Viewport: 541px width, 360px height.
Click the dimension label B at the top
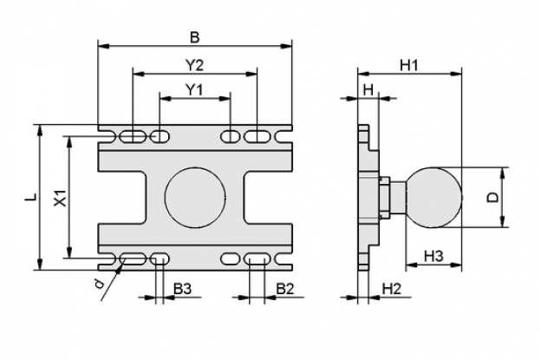pyautogui.click(x=195, y=37)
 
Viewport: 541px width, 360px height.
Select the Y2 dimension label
pyautogui.click(x=195, y=65)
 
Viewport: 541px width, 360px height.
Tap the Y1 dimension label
pyautogui.click(x=194, y=89)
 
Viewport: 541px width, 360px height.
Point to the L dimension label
pyautogui.click(x=32, y=197)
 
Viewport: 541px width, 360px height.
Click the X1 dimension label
pyautogui.click(x=62, y=198)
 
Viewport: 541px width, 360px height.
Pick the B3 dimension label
pyautogui.click(x=182, y=289)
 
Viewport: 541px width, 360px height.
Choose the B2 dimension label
pyautogui.click(x=285, y=289)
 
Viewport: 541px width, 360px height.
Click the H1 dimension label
pyautogui.click(x=409, y=65)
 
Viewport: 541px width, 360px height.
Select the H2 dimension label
pyautogui.click(x=392, y=289)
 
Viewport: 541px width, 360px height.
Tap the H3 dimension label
pyautogui.click(x=433, y=257)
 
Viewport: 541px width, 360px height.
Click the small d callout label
pyautogui.click(x=100, y=284)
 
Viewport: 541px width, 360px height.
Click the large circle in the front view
pyautogui.click(x=195, y=198)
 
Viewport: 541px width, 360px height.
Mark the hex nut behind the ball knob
pyautogui.click(x=384, y=198)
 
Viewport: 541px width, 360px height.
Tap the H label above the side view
pyautogui.click(x=368, y=90)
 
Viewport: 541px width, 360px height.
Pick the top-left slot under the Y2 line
pyautogui.click(x=133, y=136)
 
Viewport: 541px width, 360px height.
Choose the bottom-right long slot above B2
pyautogui.click(x=257, y=259)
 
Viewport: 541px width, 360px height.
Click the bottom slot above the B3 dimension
pyautogui.click(x=160, y=259)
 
